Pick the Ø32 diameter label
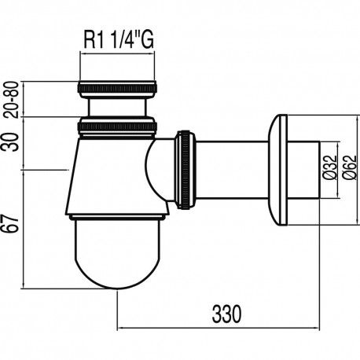pos(329,168)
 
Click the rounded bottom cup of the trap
pos(118,252)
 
